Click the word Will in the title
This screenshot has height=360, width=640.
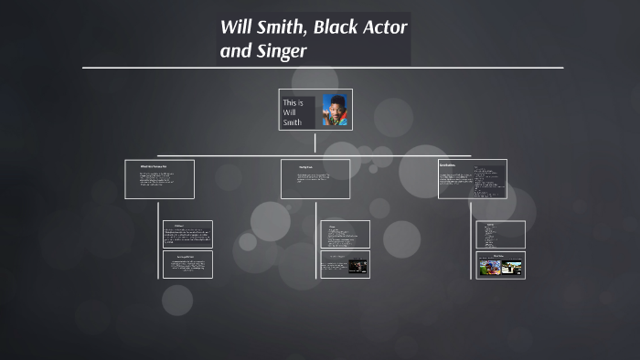point(236,26)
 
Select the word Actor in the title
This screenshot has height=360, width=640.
point(386,26)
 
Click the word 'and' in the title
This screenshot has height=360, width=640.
point(235,51)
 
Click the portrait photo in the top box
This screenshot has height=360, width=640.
point(336,111)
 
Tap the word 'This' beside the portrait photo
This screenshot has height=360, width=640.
point(293,102)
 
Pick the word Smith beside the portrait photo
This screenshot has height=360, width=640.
point(293,122)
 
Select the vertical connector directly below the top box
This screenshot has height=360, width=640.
point(315,143)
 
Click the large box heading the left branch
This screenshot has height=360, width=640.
point(159,179)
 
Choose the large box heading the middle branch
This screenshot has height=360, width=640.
point(315,179)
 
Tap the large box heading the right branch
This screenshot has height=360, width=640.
point(472,179)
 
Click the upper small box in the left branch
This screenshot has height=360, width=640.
point(187,234)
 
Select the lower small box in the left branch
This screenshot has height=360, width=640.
point(187,265)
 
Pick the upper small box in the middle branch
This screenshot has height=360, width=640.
point(345,234)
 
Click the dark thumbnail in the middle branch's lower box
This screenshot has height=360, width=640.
point(358,266)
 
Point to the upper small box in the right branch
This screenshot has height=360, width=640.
point(501,234)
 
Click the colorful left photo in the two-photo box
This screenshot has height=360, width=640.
point(490,268)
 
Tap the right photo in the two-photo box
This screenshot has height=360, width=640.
point(512,268)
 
